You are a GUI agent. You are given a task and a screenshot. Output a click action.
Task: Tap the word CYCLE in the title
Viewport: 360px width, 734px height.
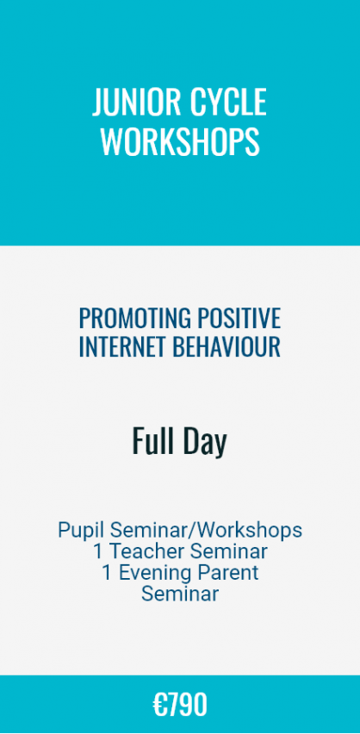point(226,102)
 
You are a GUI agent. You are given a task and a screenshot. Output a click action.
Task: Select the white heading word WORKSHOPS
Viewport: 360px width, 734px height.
point(180,142)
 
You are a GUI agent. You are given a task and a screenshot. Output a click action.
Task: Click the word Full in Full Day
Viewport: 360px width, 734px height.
point(153,440)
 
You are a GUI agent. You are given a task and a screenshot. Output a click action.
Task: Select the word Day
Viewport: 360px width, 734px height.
point(205,442)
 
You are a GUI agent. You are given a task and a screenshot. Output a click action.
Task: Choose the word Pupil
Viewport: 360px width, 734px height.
point(81,531)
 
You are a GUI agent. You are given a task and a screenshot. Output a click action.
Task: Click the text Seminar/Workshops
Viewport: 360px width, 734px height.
point(205,531)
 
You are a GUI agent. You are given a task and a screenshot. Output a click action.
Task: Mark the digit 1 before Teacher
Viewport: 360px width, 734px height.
point(98,551)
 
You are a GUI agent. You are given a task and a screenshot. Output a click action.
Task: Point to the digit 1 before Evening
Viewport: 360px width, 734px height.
point(107,573)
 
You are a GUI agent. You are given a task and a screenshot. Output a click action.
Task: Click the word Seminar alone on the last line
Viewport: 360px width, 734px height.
point(180,594)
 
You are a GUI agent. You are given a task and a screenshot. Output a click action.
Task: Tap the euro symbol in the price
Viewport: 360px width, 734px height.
point(159,705)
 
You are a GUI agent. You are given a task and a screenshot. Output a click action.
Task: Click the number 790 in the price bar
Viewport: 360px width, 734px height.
point(187,705)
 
